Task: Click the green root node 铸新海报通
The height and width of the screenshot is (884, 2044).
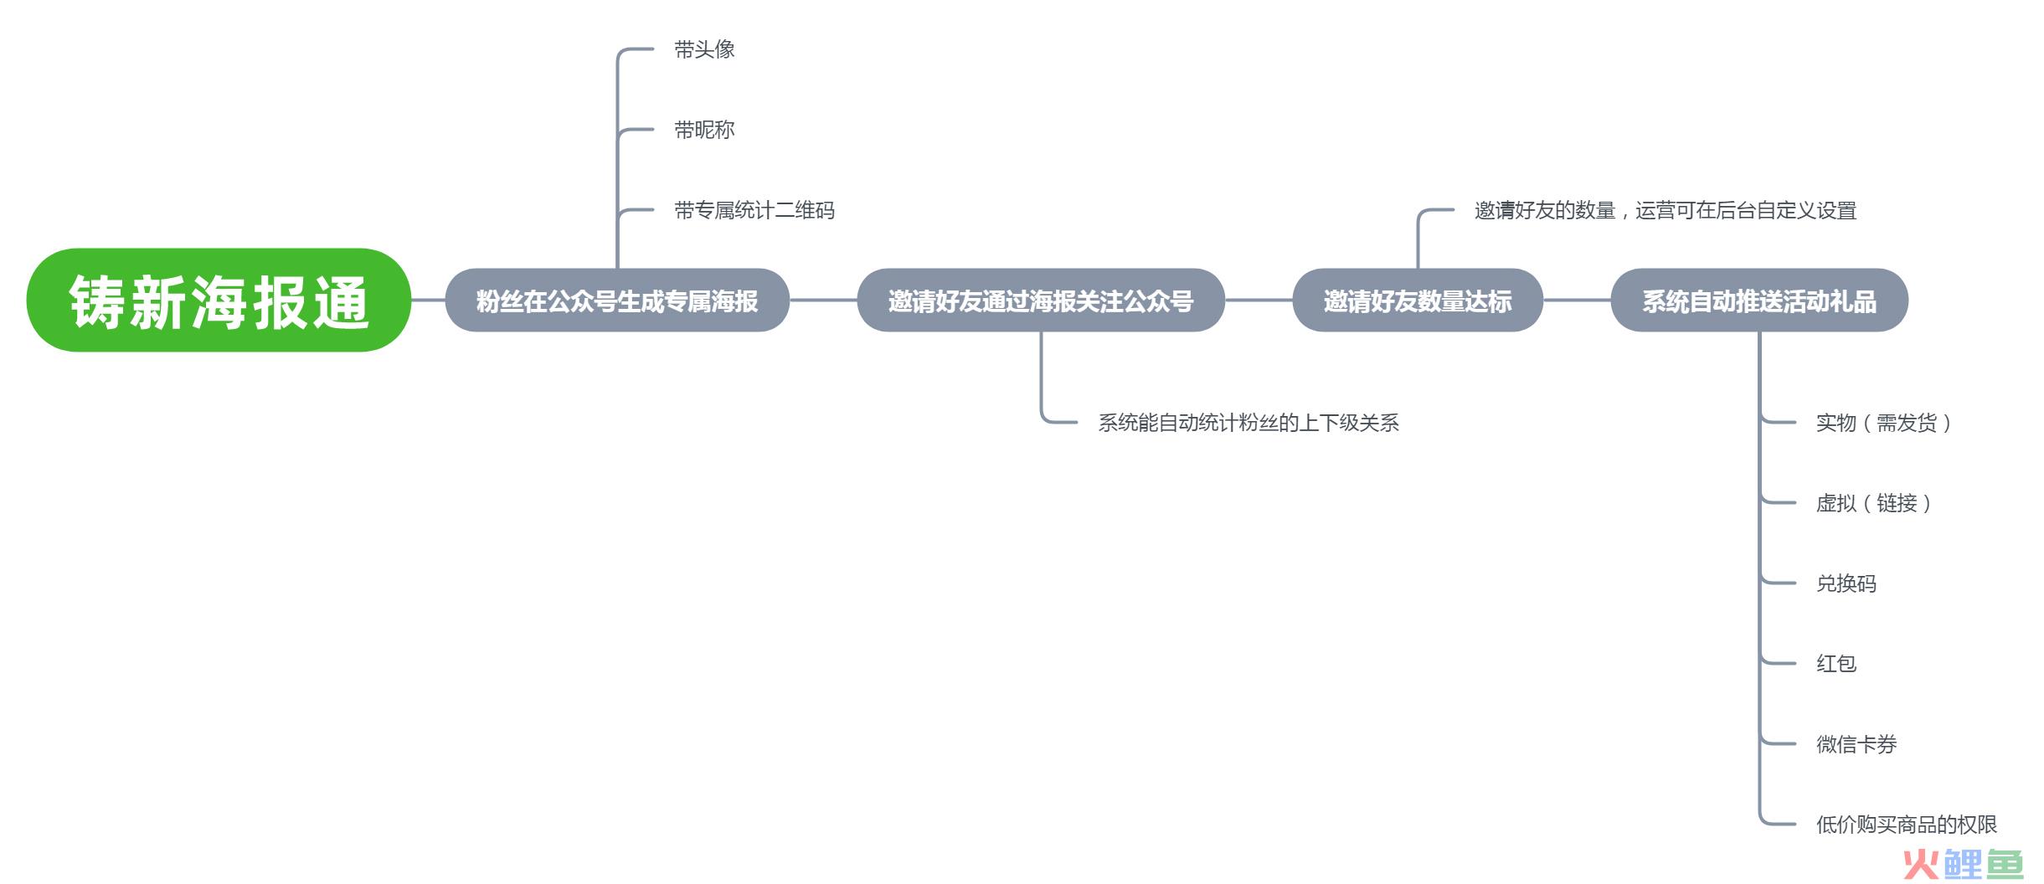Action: click(x=219, y=300)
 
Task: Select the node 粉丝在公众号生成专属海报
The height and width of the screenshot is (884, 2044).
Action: click(x=617, y=300)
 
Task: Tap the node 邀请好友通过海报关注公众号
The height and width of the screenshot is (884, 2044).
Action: click(x=1041, y=300)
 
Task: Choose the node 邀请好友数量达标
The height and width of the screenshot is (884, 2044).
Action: click(x=1418, y=300)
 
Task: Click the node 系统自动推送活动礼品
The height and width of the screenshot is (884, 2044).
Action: click(x=1759, y=300)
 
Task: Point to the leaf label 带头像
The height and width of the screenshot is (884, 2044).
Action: click(x=704, y=49)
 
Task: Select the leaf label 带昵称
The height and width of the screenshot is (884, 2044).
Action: click(x=704, y=130)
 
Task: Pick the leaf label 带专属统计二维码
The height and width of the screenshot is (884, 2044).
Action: click(x=754, y=210)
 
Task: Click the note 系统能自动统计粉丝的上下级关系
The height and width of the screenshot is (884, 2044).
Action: click(x=1249, y=423)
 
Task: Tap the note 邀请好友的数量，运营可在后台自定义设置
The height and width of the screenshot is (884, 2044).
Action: click(x=1666, y=210)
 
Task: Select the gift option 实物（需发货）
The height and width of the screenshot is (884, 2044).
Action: click(x=1883, y=423)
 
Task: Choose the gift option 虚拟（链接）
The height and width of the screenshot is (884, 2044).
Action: click(x=1873, y=503)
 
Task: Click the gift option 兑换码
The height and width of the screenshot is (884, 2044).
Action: click(x=1846, y=583)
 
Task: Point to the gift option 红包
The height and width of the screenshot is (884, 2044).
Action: click(x=1835, y=664)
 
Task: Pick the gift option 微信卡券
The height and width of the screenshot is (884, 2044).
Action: click(x=1856, y=744)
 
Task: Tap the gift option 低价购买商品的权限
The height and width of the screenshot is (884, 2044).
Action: click(x=1906, y=825)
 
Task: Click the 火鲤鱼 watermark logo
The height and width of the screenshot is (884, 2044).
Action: click(x=1963, y=864)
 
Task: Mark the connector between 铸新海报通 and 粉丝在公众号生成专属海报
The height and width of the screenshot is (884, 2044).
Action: click(x=428, y=300)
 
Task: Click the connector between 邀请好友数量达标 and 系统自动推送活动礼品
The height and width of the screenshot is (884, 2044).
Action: click(x=1577, y=300)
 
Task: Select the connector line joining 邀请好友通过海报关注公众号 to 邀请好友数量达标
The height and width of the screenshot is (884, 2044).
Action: click(x=1259, y=300)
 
